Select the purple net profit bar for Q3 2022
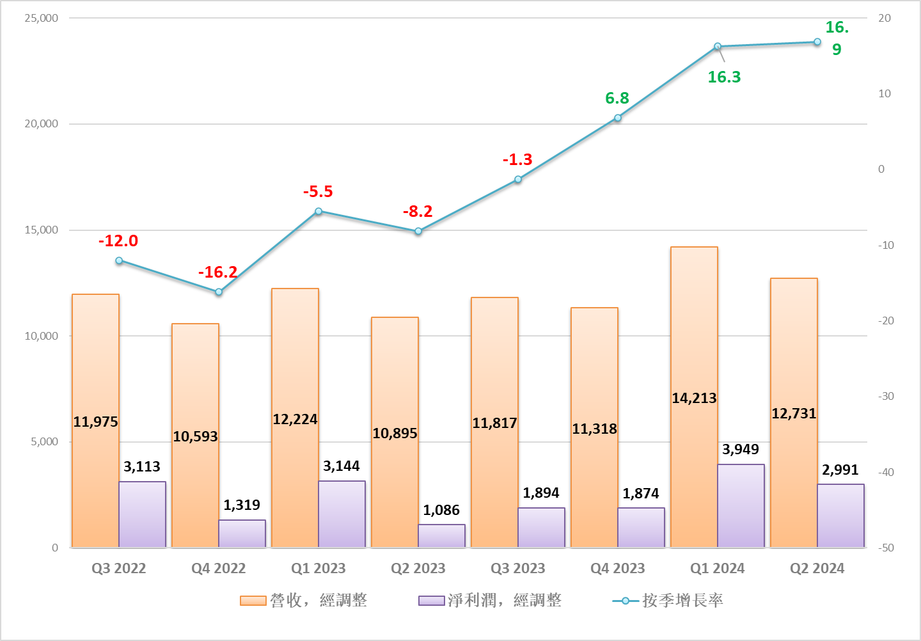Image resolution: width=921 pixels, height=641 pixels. (142, 514)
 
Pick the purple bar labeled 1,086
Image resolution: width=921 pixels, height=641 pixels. (441, 536)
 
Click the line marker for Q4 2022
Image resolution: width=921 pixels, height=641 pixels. (219, 292)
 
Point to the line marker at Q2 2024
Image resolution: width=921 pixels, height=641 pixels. (817, 42)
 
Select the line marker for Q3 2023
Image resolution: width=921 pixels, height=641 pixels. (518, 179)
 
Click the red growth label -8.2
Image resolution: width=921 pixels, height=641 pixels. (418, 211)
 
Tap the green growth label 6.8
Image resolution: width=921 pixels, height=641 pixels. (617, 98)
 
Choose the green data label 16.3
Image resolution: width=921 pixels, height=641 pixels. (724, 77)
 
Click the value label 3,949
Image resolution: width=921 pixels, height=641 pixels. (741, 449)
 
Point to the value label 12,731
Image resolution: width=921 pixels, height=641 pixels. (794, 413)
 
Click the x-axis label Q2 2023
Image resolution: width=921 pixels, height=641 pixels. (418, 568)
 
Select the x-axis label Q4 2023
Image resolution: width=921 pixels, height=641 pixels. (618, 568)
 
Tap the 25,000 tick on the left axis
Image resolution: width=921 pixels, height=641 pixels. (42, 18)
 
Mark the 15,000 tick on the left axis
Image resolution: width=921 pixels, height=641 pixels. (42, 230)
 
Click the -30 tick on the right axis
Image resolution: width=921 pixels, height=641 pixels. (886, 396)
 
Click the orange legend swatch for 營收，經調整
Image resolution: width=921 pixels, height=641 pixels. (253, 601)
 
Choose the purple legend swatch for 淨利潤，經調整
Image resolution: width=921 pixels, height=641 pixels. (432, 601)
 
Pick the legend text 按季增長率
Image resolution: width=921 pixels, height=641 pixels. (683, 600)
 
